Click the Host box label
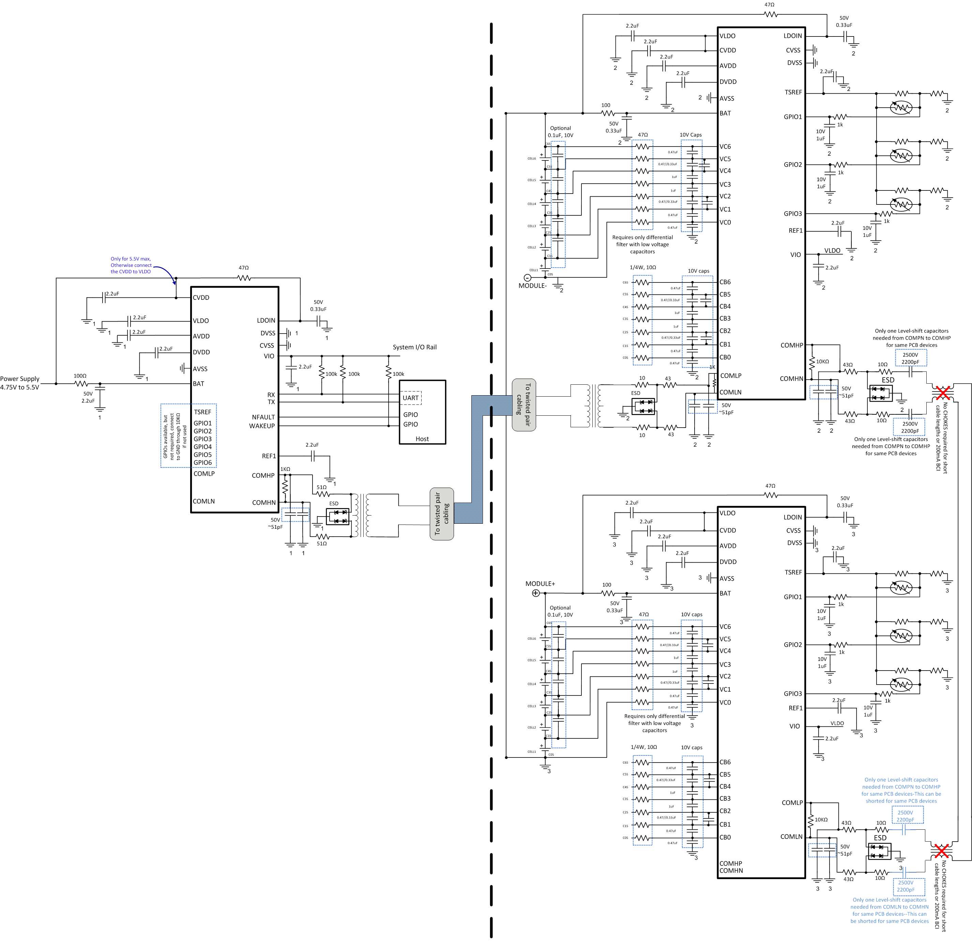click(x=422, y=439)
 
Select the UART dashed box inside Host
click(x=411, y=398)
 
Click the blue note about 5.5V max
click(x=131, y=265)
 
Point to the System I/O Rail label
click(x=414, y=347)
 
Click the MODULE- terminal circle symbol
click(x=527, y=278)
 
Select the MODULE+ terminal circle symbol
click(x=535, y=593)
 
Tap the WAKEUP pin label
click(x=262, y=426)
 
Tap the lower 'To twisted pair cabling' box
click(x=442, y=513)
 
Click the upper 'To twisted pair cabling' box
click(x=523, y=404)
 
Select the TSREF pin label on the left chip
click(x=202, y=412)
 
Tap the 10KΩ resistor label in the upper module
click(x=822, y=361)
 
